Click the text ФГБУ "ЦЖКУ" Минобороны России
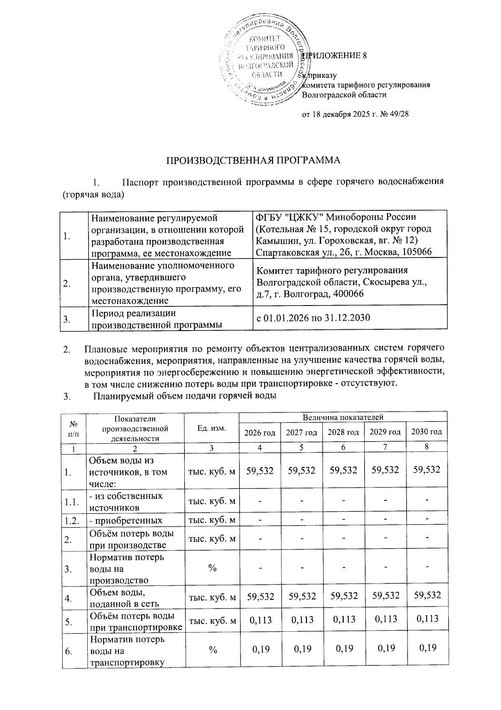pyautogui.click(x=336, y=217)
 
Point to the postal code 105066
pyautogui.click(x=415, y=252)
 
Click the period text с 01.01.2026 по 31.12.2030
pyautogui.click(x=313, y=318)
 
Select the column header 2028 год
pyautogui.click(x=343, y=432)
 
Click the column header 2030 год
pyautogui.click(x=427, y=432)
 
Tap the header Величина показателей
pyautogui.click(x=343, y=417)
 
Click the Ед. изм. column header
pyautogui.click(x=212, y=428)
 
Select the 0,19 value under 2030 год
pyautogui.click(x=427, y=648)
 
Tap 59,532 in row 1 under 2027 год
pyautogui.click(x=301, y=470)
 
